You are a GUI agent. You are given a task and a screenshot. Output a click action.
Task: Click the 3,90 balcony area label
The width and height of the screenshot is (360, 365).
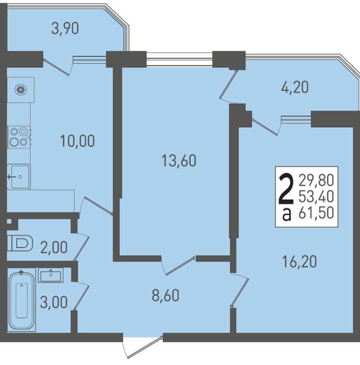point(65,29)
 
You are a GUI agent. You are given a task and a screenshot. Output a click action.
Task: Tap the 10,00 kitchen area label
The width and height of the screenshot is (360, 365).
point(77,141)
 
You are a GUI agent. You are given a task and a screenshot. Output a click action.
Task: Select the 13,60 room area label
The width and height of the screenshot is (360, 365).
point(179,161)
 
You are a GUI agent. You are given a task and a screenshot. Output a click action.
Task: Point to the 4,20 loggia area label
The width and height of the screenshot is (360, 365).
point(295,87)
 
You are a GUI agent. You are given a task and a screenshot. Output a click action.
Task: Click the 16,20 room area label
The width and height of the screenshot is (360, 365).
point(299,261)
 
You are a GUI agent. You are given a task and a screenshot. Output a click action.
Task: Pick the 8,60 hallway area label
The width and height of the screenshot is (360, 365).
point(166,295)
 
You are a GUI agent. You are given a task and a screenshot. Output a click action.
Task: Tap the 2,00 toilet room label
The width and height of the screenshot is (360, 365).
point(54,247)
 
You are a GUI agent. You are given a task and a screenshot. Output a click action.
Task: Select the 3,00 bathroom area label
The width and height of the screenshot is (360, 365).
point(54,303)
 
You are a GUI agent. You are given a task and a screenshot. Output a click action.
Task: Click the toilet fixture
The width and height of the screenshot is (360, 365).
point(20,243)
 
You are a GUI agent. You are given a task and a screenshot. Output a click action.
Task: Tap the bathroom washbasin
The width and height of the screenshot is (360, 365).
point(51,275)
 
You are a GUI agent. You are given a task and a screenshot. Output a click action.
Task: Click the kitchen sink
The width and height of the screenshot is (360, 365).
point(19,177)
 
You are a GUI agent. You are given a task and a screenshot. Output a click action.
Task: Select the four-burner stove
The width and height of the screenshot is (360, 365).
point(19,137)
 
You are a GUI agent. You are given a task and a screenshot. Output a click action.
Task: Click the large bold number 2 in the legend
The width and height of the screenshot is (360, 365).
point(286,190)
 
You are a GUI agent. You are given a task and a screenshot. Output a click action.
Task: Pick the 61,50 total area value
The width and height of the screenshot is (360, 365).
point(316,213)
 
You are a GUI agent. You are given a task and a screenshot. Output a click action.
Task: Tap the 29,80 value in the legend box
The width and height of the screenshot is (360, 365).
point(316,181)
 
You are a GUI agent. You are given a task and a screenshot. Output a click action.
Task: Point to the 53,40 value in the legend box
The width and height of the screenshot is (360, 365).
point(316,196)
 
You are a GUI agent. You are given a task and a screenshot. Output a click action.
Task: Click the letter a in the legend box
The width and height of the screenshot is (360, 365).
point(287,214)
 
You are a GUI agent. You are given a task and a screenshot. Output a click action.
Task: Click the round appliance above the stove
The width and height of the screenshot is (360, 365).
point(21,89)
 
